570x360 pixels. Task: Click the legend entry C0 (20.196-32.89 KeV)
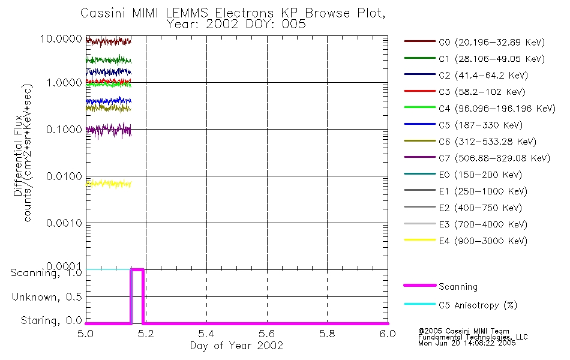tap(473, 42)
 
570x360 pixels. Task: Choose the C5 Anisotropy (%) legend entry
tap(478, 305)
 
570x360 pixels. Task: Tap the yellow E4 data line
tap(108, 184)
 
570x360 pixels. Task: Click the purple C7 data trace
tap(108, 129)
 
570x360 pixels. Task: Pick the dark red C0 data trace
tap(108, 41)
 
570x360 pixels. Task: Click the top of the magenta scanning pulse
tap(137, 270)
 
